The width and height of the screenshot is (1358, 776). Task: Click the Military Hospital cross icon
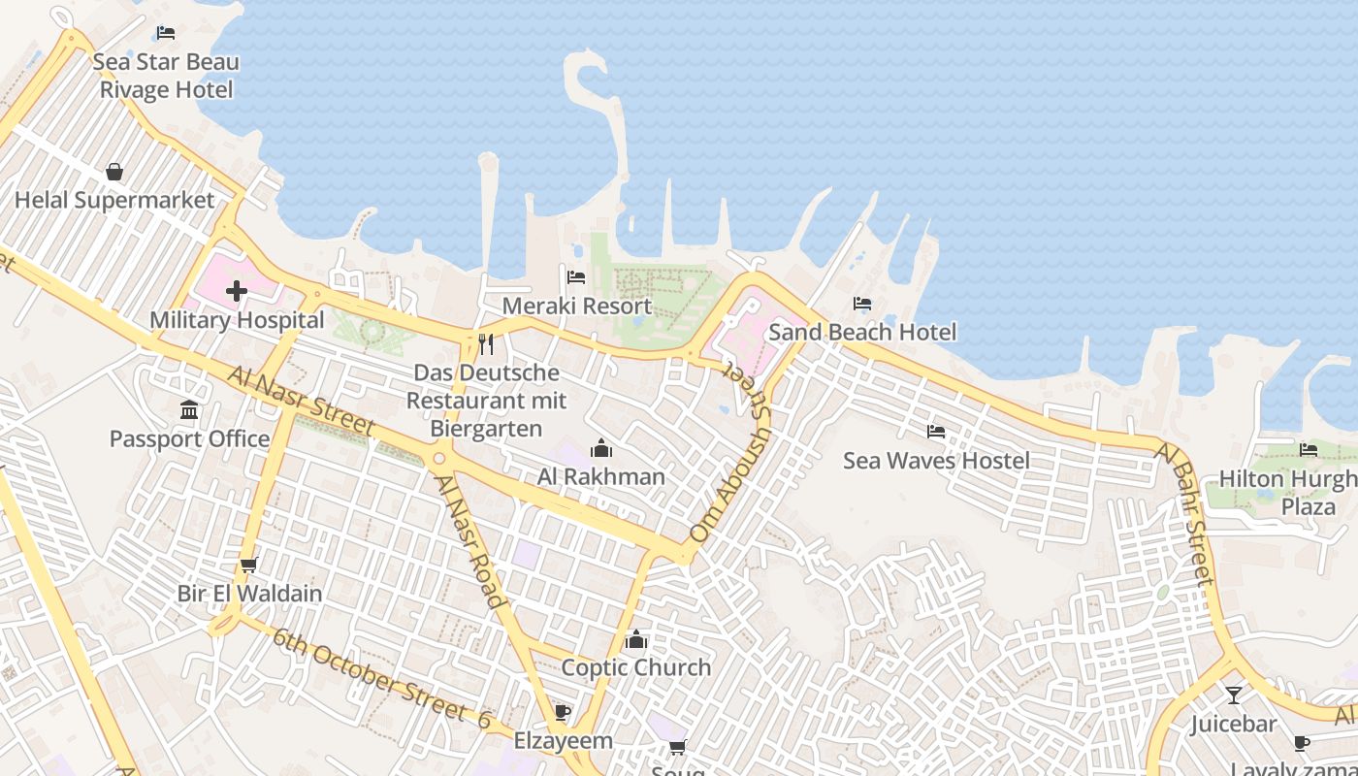coord(237,291)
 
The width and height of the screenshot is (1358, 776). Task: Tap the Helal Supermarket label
coord(114,201)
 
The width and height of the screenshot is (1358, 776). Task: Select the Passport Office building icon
coord(189,410)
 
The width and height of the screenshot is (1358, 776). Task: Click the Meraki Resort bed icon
coord(576,277)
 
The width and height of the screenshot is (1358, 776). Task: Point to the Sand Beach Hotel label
coord(862,333)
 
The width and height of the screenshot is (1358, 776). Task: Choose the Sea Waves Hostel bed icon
coord(936,432)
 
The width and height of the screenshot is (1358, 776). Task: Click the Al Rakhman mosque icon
coord(601,448)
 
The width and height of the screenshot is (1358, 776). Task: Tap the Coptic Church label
coord(636,667)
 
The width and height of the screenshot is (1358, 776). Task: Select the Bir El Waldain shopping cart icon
coord(248,565)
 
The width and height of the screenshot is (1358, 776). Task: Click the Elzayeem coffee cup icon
coord(562,713)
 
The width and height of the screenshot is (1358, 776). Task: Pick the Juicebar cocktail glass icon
coord(1233,695)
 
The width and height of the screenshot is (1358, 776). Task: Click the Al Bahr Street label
coord(1185,513)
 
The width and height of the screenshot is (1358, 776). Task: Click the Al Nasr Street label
coord(302,400)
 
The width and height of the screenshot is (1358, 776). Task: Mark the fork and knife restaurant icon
coord(486,344)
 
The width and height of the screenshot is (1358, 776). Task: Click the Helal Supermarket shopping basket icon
coord(114,172)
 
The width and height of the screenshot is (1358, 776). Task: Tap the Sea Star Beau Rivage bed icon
coord(166,33)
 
